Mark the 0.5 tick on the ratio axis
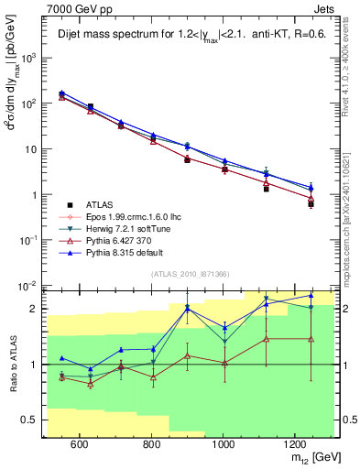coord(31,420)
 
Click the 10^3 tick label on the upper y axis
coord(29,57)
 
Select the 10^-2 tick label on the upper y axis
coord(29,285)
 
